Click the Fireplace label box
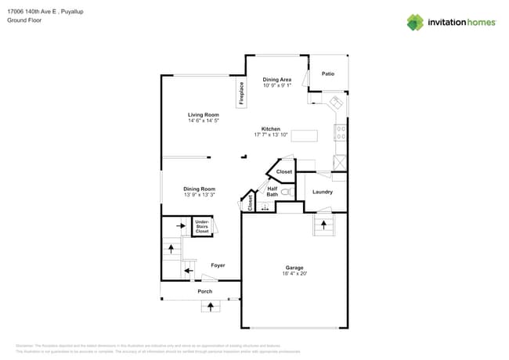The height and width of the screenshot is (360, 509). [x=241, y=93]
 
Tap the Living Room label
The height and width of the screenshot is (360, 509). [x=203, y=115]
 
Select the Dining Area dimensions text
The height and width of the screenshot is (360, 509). [x=277, y=85]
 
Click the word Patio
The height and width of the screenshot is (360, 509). [x=328, y=74]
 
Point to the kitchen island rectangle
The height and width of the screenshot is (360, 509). [x=305, y=135]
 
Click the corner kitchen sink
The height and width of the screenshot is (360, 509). [x=335, y=104]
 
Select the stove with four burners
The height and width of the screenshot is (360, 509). [x=341, y=133]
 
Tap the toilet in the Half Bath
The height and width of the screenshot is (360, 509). [x=286, y=191]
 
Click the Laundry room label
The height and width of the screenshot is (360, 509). [x=323, y=192]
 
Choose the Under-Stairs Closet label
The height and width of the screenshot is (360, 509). [x=202, y=227]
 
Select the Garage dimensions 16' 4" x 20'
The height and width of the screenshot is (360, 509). [x=294, y=274]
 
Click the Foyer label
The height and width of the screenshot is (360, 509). [x=218, y=265]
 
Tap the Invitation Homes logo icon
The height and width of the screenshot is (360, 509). [x=415, y=22]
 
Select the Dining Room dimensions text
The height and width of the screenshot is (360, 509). [x=200, y=195]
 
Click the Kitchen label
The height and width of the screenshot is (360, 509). [x=271, y=129]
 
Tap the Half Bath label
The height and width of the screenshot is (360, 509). [x=272, y=191]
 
